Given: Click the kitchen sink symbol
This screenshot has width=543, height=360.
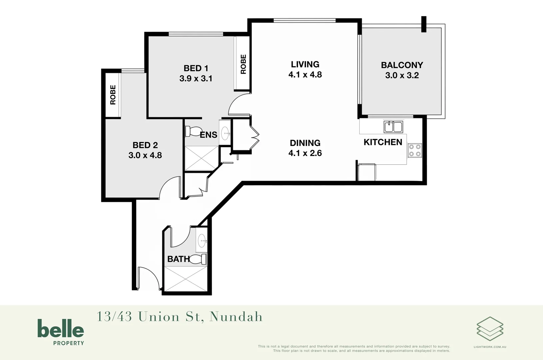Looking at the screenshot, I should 393,127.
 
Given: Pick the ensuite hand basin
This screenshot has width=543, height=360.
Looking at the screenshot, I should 225,133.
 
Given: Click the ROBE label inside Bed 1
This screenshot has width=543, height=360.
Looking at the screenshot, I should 243,64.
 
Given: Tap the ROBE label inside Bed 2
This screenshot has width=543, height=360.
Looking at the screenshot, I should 113,95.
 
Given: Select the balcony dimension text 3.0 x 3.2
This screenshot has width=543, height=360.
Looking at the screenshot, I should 402,75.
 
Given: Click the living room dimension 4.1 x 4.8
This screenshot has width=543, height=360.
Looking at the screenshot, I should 305,75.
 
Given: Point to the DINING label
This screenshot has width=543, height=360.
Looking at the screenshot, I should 305,143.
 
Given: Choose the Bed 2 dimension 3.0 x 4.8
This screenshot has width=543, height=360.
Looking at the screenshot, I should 145,155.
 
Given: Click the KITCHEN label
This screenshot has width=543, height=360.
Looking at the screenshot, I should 383,142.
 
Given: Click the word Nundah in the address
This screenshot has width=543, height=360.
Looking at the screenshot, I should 236,317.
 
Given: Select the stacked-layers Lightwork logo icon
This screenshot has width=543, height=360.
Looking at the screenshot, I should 490,329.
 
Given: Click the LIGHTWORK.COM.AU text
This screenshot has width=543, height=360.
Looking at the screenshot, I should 490,347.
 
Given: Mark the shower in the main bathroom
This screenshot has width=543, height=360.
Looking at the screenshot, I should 186,279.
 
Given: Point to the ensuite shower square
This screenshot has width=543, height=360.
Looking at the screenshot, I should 201,158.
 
